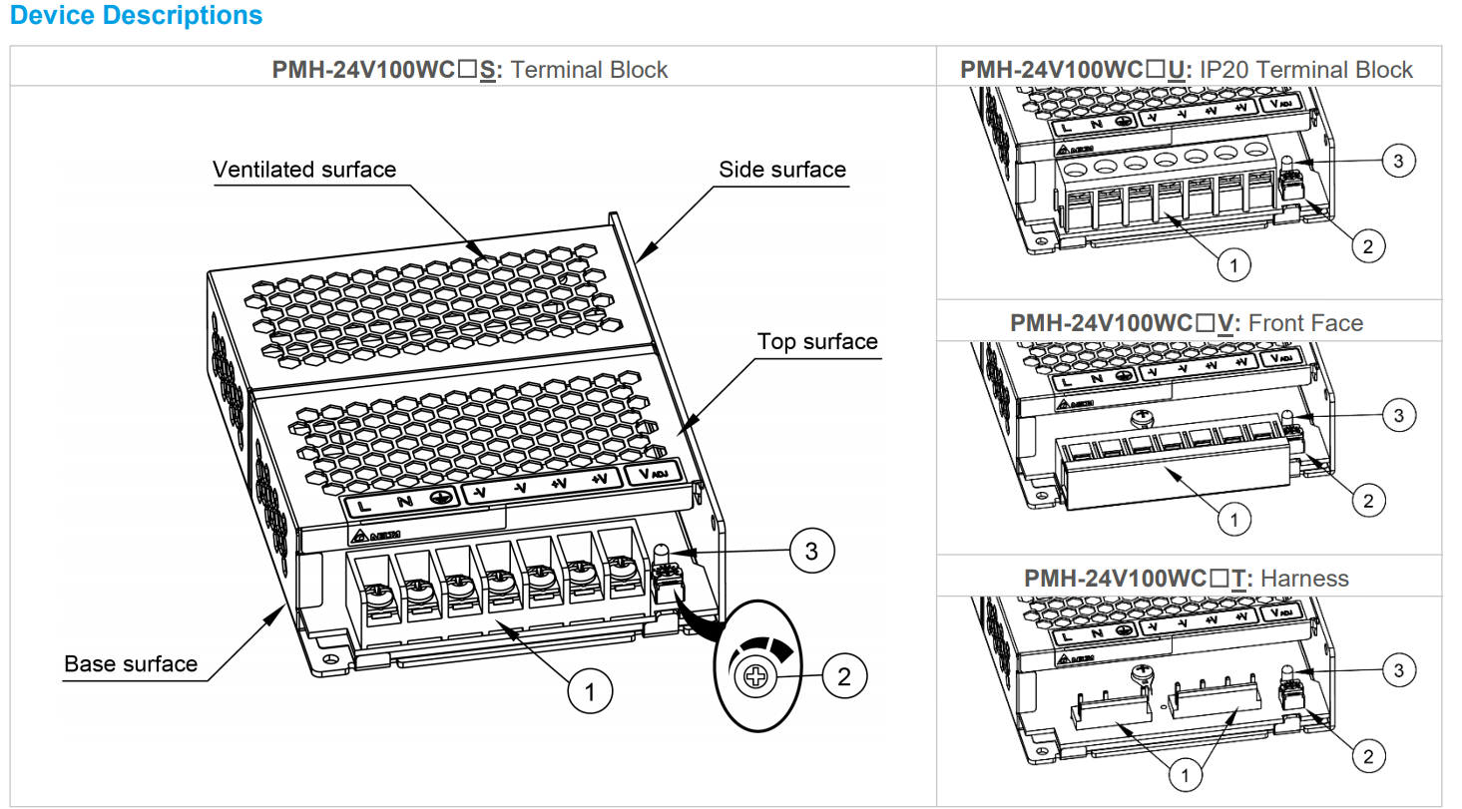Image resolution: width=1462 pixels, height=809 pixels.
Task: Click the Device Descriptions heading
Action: pos(136,16)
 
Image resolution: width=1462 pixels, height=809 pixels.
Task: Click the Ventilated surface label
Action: pos(304,170)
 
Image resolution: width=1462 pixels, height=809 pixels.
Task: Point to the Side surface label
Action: pos(781,170)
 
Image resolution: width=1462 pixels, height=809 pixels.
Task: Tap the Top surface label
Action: pos(816,342)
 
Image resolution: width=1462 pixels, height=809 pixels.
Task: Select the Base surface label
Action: pos(131,663)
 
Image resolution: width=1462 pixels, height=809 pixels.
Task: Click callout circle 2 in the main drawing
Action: pos(844,677)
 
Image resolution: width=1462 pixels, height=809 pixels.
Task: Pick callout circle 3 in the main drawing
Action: pos(812,551)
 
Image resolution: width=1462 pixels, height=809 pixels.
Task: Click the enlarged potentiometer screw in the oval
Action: pos(755,678)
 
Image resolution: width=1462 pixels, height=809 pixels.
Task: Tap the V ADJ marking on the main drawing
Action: pos(653,475)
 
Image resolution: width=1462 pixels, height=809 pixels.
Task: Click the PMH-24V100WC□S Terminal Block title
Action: pos(470,70)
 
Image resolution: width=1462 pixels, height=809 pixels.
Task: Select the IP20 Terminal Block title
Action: pos(1187,70)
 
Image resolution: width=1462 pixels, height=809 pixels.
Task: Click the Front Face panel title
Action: pos(1187,323)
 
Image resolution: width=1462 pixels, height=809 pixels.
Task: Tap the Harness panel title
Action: pos(1187,579)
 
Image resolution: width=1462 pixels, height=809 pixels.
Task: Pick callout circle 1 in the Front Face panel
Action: pos(1234,520)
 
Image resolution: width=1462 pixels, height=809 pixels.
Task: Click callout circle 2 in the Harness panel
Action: pos(1367,755)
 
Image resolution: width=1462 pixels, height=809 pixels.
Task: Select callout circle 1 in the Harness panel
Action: pos(1185,775)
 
